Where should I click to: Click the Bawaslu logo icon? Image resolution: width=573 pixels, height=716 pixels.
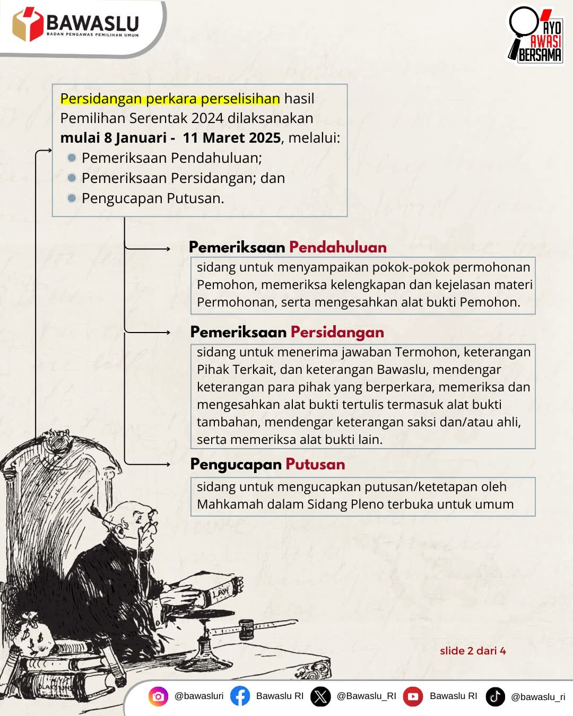pyautogui.click(x=27, y=24)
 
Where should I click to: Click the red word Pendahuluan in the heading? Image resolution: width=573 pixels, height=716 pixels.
pyautogui.click(x=337, y=247)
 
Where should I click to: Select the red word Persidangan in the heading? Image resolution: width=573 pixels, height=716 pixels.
pyautogui.click(x=337, y=332)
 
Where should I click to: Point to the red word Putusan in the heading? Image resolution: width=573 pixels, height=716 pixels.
pyautogui.click(x=315, y=464)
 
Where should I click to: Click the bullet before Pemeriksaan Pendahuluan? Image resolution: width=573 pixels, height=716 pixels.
pyautogui.click(x=72, y=158)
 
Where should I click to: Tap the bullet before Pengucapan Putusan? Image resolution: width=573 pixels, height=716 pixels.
pyautogui.click(x=72, y=198)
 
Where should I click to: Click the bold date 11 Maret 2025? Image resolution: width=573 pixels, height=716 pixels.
pyautogui.click(x=231, y=138)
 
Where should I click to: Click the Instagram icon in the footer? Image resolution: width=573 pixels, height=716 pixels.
pyautogui.click(x=158, y=696)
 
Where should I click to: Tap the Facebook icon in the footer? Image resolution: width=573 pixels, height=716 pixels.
pyautogui.click(x=240, y=696)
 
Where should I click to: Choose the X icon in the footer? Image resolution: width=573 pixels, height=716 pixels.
pyautogui.click(x=320, y=696)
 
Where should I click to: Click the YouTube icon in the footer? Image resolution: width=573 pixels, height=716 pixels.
pyautogui.click(x=413, y=696)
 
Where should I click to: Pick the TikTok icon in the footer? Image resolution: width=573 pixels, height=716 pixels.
pyautogui.click(x=495, y=696)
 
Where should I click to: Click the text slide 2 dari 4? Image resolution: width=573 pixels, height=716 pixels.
pyautogui.click(x=473, y=651)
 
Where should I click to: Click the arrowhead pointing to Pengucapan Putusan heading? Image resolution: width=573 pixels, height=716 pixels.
pyautogui.click(x=167, y=464)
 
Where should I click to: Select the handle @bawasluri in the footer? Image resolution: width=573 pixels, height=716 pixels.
pyautogui.click(x=199, y=696)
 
